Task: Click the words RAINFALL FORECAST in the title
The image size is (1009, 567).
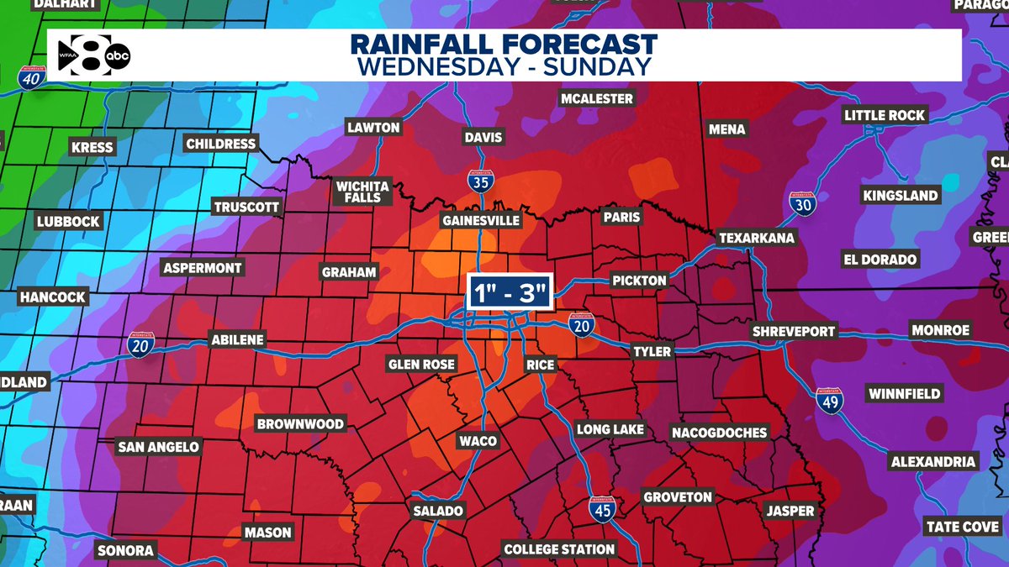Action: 504,45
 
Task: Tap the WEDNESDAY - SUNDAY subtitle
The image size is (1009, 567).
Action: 504,67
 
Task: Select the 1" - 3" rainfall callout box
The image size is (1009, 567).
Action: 510,295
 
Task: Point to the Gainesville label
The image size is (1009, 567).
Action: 482,220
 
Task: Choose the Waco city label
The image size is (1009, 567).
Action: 478,441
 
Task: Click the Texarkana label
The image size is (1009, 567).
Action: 757,239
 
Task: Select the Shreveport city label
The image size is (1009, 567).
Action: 794,331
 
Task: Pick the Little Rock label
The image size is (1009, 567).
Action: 885,115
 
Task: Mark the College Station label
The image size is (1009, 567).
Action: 559,549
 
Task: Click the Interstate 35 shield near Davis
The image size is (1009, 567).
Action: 480,181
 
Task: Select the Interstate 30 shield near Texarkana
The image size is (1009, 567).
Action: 802,203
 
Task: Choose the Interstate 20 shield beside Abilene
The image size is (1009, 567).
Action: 140,344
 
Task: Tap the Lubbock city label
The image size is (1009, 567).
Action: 68,222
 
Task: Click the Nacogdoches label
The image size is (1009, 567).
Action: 719,433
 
